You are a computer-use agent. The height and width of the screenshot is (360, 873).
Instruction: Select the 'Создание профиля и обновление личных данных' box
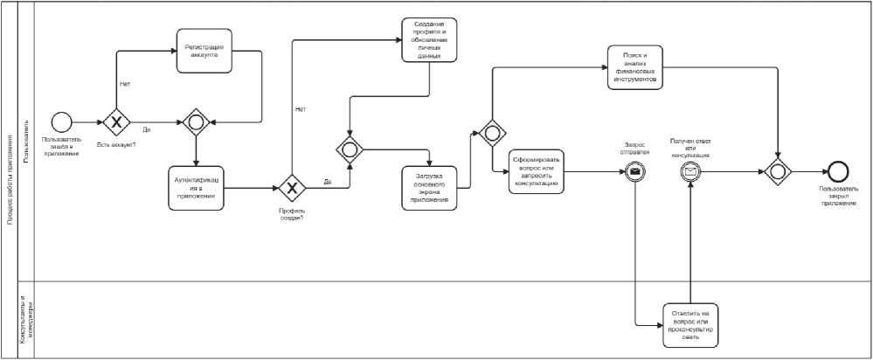coord(431,39)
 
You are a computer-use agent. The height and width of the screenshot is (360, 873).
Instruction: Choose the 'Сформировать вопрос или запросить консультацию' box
coord(538,170)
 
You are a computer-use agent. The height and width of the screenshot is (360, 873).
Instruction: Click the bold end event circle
coord(839,170)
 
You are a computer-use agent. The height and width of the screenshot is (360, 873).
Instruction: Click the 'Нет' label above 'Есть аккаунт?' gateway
coord(124,85)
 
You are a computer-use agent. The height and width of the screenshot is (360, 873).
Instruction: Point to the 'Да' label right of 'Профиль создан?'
coord(327,182)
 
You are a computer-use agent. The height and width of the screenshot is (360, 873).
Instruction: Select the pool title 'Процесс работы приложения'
coord(9,180)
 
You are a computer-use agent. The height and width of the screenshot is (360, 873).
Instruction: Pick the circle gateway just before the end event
coord(777,170)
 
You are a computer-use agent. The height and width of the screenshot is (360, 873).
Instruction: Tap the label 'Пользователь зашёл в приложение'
coord(61,146)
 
